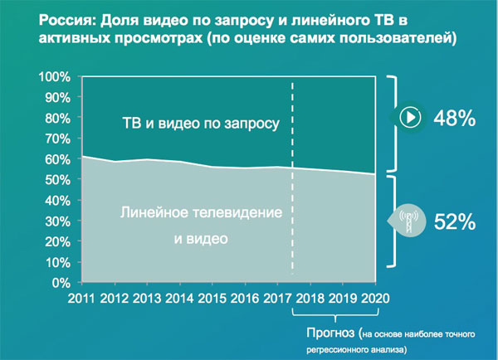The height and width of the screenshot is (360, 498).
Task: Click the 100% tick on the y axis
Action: click(54, 77)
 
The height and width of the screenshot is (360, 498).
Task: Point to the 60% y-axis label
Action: click(57, 159)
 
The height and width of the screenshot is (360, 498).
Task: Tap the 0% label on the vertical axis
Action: click(61, 283)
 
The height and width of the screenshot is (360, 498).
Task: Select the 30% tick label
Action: click(57, 221)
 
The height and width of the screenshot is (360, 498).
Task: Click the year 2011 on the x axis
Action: click(81, 299)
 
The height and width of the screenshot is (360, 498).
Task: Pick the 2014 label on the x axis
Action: click(179, 299)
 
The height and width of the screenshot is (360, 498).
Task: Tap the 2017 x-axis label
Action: click(277, 299)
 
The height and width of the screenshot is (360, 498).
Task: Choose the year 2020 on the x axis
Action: click(375, 299)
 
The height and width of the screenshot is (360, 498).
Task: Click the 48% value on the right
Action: click(455, 118)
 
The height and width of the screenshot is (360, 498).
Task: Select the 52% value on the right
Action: click(455, 221)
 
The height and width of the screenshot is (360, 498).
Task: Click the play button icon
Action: click(410, 117)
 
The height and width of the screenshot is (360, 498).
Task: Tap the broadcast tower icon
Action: click(408, 221)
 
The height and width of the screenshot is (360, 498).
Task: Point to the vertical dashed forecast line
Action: click(292, 178)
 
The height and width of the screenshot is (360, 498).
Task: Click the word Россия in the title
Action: click(67, 20)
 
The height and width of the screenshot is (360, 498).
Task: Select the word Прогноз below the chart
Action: click(330, 333)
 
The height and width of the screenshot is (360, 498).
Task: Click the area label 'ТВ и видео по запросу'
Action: click(201, 123)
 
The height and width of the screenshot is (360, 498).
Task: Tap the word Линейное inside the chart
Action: click(154, 212)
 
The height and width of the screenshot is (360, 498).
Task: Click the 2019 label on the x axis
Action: click(343, 299)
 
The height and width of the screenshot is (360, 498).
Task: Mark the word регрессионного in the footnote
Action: click(337, 350)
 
